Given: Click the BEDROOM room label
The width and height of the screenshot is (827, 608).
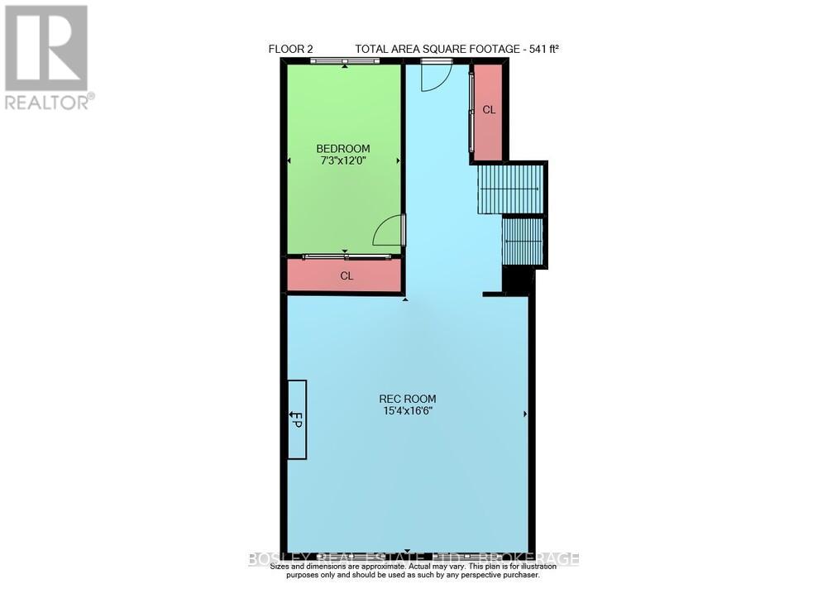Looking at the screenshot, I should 343,149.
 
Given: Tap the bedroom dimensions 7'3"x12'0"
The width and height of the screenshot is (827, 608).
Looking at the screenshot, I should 343,161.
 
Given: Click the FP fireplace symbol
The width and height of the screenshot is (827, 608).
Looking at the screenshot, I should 297,419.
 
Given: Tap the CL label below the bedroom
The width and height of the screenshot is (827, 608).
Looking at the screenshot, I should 347,276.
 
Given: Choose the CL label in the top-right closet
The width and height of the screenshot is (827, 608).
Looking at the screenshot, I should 489,110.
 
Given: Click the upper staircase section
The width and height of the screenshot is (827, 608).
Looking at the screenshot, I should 510,189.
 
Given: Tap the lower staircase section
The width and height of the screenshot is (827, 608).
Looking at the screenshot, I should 523,241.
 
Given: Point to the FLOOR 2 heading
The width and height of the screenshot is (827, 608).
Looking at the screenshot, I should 291,49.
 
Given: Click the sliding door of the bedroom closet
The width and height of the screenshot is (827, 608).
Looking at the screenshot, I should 345,257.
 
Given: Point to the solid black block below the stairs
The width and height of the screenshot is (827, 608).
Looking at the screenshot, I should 519,281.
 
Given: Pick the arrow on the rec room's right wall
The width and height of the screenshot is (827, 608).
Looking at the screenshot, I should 526,412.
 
